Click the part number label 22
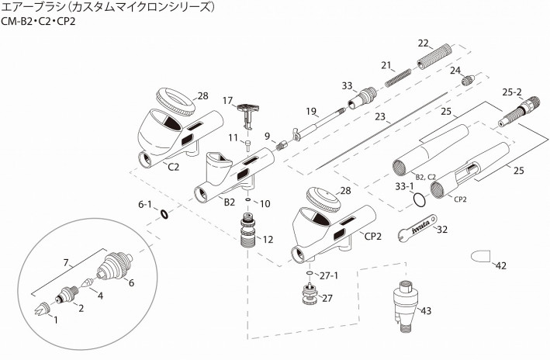tap(423, 43)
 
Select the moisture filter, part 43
tap(406, 307)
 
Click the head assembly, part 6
tap(115, 265)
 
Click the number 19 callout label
tap(311, 111)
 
